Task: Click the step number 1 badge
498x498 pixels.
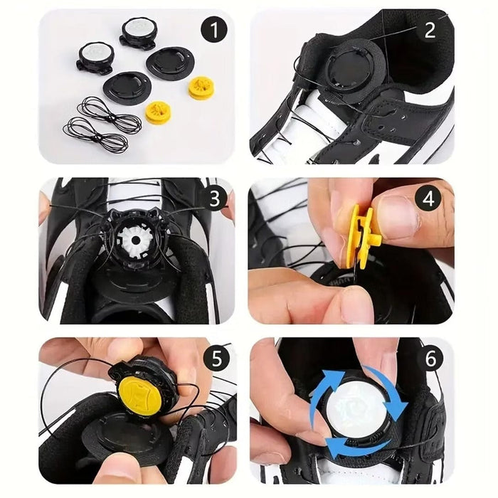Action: click(214, 30)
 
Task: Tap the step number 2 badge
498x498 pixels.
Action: click(430, 30)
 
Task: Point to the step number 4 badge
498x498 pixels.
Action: click(428, 199)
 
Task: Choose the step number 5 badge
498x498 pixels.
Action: click(216, 359)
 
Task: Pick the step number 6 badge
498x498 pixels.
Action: click(430, 359)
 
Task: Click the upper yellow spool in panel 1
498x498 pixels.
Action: click(201, 88)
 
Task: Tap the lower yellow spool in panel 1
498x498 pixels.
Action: click(158, 113)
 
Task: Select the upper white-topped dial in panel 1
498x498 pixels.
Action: click(139, 33)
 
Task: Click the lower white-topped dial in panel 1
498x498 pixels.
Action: click(95, 58)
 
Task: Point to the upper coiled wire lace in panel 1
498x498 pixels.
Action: click(110, 115)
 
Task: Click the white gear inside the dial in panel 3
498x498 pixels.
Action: click(136, 240)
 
